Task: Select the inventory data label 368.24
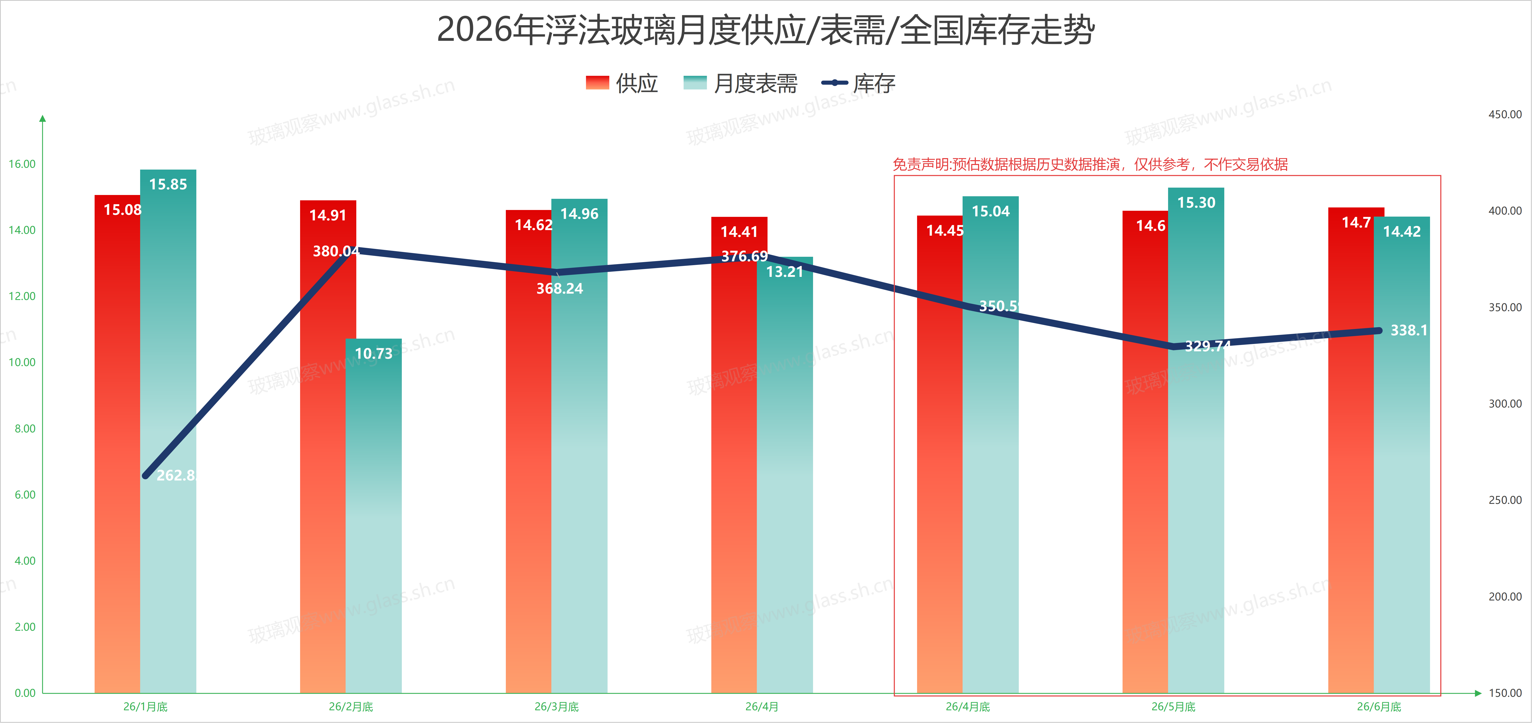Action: click(560, 289)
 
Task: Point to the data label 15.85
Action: click(168, 184)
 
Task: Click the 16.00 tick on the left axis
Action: click(22, 164)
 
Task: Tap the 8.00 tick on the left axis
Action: click(25, 429)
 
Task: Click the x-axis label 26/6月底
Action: click(1379, 707)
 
